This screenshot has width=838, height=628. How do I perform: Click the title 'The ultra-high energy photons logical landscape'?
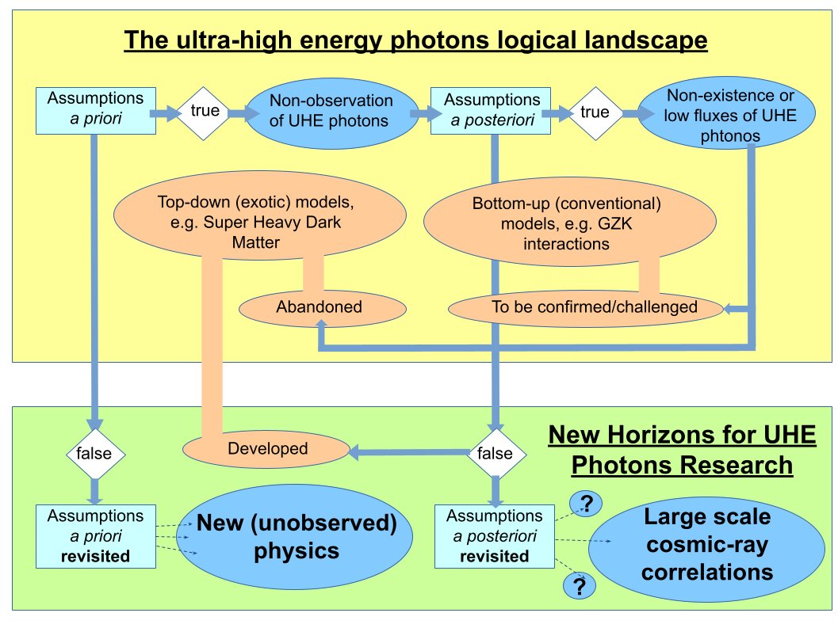coord(415,40)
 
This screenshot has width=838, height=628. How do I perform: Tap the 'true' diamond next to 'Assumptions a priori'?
coord(204,112)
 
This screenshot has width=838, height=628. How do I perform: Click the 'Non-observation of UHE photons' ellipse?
coord(331,112)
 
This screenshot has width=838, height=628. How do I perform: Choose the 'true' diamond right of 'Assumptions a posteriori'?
coord(595,112)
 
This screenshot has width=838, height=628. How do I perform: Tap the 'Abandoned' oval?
coord(319,306)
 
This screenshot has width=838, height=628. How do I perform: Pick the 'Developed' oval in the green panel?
coord(267,448)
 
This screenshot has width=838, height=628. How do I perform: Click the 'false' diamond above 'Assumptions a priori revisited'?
coord(95,454)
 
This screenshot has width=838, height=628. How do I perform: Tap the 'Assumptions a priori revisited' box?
coord(95,535)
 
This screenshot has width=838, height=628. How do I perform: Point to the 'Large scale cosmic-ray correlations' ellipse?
coord(707,545)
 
